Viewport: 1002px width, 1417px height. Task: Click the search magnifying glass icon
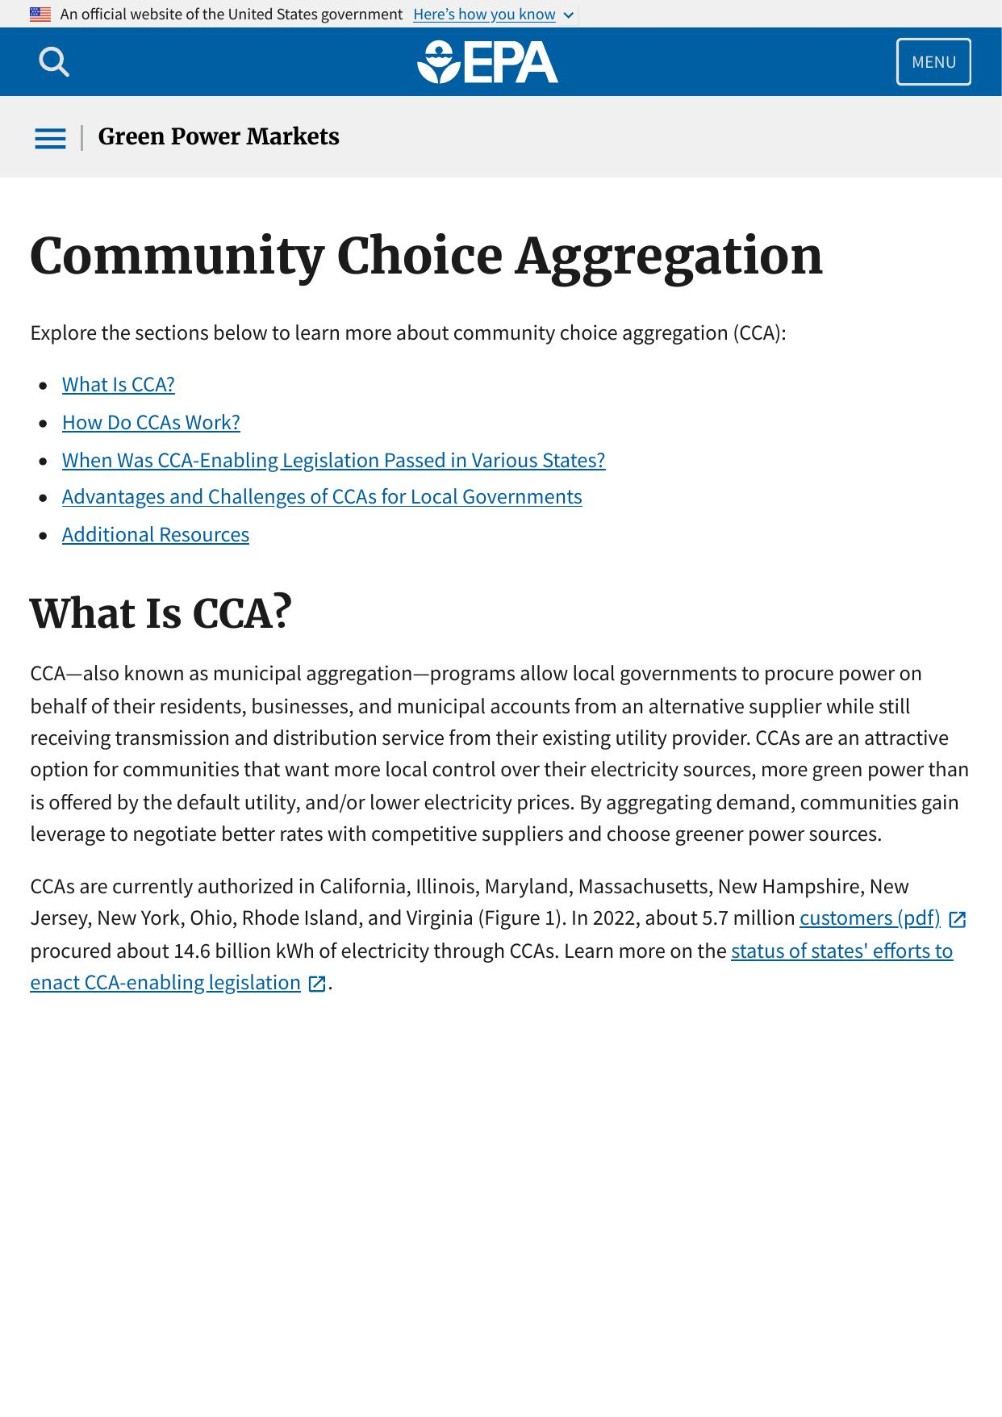pos(54,62)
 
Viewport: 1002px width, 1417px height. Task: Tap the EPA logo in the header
pos(487,62)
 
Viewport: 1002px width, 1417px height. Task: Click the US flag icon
pos(40,15)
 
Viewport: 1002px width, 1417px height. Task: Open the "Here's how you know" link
pos(484,15)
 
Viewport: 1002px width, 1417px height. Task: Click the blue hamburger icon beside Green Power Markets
pos(50,138)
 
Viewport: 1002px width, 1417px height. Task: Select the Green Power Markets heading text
pos(219,137)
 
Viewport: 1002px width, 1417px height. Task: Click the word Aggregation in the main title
pos(669,257)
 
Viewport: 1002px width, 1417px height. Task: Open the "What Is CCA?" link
pos(119,384)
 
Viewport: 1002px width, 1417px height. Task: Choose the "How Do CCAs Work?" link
pos(151,422)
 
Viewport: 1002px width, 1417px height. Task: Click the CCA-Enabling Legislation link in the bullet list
pos(333,460)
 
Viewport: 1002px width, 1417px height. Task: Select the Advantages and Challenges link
pos(322,496)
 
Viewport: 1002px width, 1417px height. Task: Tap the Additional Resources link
pos(156,534)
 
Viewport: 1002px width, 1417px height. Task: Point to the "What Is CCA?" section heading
pos(161,613)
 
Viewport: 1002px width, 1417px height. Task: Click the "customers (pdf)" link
pos(870,918)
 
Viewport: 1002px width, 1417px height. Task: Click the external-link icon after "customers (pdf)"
pos(958,919)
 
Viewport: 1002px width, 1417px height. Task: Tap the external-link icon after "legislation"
pos(317,984)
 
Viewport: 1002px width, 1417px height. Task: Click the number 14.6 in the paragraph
pos(191,951)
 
